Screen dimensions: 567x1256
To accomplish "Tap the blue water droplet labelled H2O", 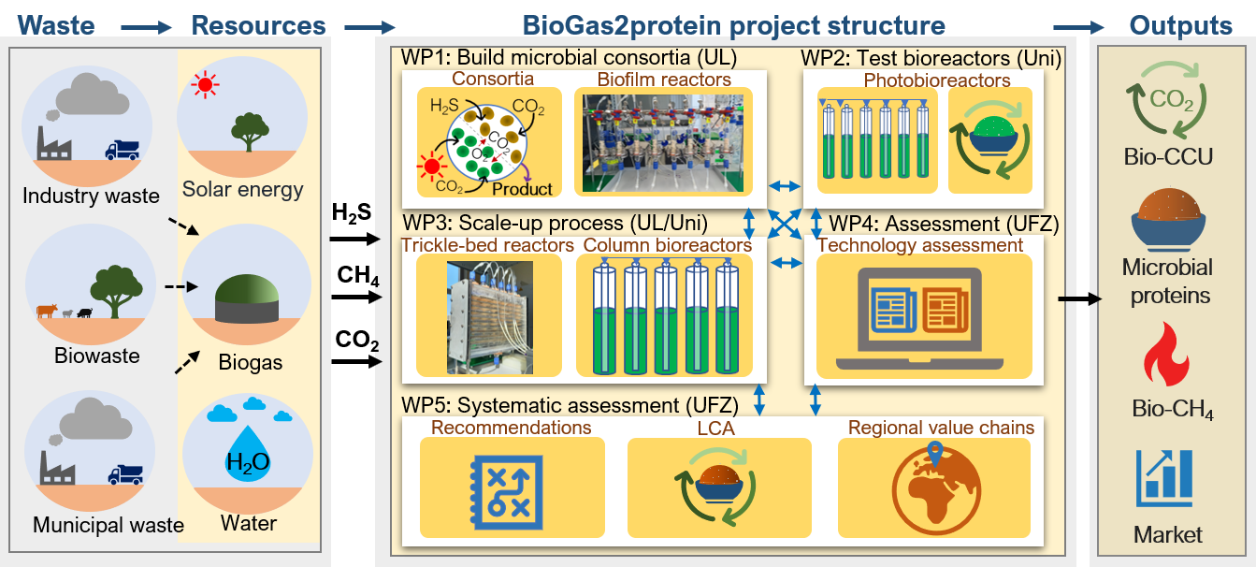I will coord(247,455).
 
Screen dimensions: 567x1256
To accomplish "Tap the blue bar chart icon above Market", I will coord(1165,477).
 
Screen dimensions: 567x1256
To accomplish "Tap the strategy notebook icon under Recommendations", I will coord(512,487).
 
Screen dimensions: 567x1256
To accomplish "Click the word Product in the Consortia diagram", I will coord(522,189).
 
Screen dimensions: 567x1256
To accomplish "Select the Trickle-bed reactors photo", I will coord(489,315).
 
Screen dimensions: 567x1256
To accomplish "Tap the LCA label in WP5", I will coord(715,428).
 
